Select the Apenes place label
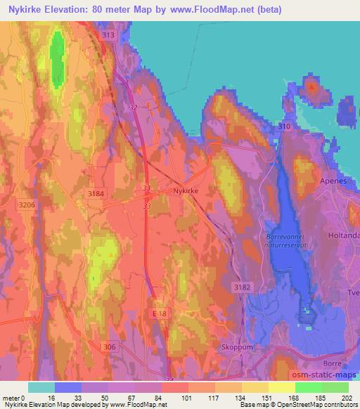[x=343, y=181]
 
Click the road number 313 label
[x=108, y=35]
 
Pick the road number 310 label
[x=284, y=126]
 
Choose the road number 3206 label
[x=27, y=204]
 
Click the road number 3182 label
[x=242, y=287]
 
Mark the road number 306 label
[x=108, y=346]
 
